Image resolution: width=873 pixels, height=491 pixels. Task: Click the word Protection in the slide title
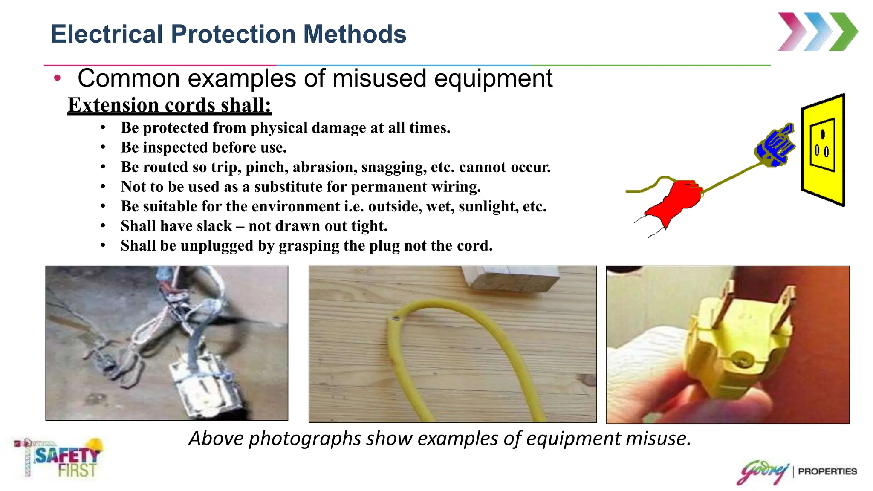[x=233, y=34]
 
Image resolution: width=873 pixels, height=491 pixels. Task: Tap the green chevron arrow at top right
[x=843, y=32]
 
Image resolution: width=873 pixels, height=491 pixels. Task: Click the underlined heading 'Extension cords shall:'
[x=169, y=105]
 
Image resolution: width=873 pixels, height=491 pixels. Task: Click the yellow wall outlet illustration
[x=823, y=149]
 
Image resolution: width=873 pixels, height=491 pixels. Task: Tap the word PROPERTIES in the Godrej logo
[x=827, y=471]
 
